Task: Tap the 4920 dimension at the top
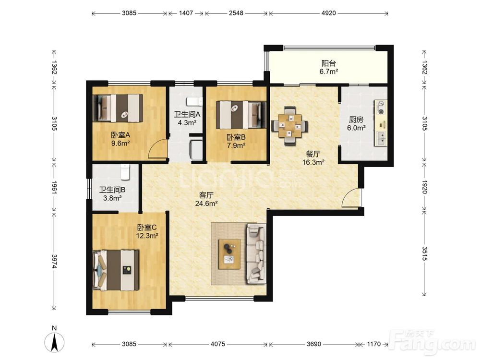[329, 13]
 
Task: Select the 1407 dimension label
[186, 13]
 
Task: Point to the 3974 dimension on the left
[54, 261]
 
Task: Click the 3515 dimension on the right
[425, 253]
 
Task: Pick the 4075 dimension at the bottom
[218, 344]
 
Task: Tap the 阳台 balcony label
[328, 63]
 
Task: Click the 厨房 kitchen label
[356, 120]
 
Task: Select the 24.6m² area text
[206, 203]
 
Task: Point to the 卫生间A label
[187, 115]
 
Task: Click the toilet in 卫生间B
[125, 172]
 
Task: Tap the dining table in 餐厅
[289, 125]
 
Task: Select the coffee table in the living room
[229, 254]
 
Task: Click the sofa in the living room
[256, 253]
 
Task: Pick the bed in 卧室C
[116, 270]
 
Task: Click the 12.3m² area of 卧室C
[147, 236]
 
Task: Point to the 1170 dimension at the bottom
[374, 344]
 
